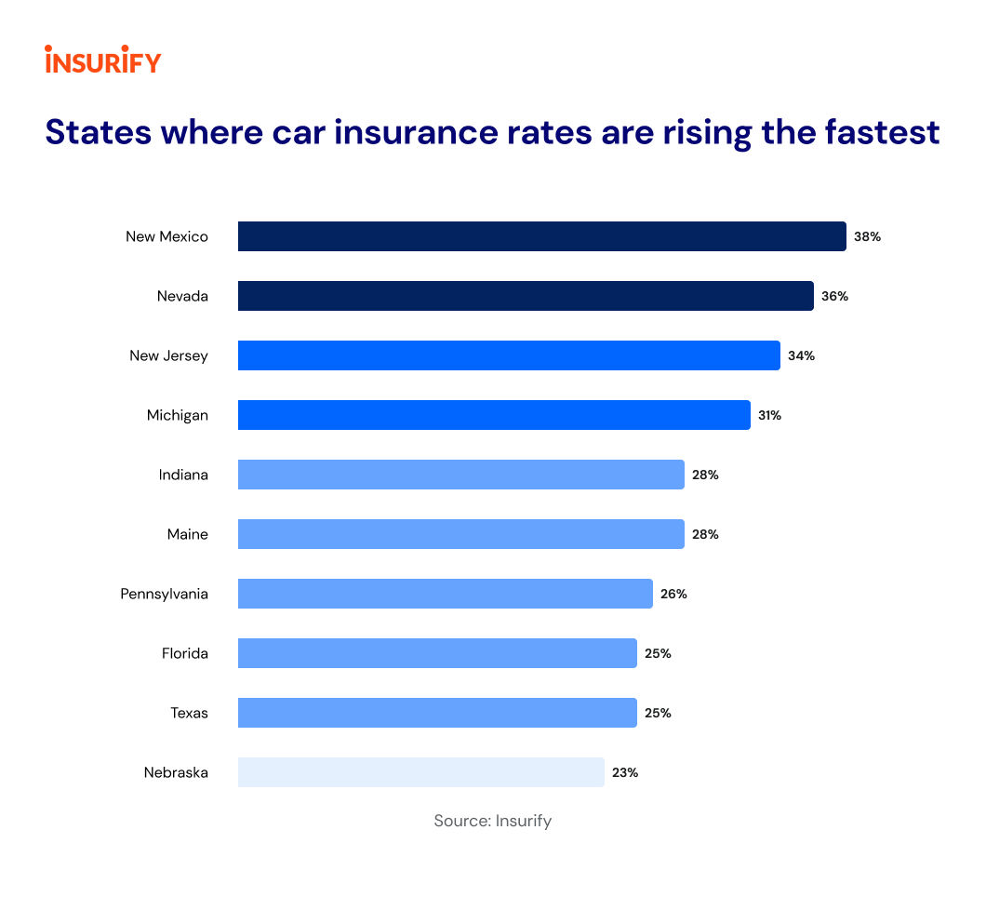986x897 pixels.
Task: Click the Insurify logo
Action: click(102, 60)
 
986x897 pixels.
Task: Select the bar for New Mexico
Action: click(541, 236)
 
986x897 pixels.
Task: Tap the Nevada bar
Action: click(526, 296)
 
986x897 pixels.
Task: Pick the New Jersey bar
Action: click(509, 355)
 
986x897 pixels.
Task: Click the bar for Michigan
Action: click(494, 415)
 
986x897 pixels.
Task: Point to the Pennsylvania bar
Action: click(445, 594)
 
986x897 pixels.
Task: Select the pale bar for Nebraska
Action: click(420, 772)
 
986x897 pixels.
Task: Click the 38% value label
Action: click(867, 236)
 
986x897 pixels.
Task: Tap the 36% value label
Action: click(834, 296)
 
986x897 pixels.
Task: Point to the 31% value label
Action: click(769, 415)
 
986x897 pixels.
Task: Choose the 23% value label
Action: click(625, 772)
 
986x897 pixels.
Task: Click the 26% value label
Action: click(673, 594)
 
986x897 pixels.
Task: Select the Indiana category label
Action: click(183, 475)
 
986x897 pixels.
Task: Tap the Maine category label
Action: click(188, 534)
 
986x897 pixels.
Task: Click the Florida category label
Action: click(185, 653)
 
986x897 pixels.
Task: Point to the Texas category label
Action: click(189, 713)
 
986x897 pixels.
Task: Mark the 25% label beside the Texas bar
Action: click(658, 713)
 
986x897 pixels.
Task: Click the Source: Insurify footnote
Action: click(492, 821)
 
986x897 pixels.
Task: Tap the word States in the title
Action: click(99, 131)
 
